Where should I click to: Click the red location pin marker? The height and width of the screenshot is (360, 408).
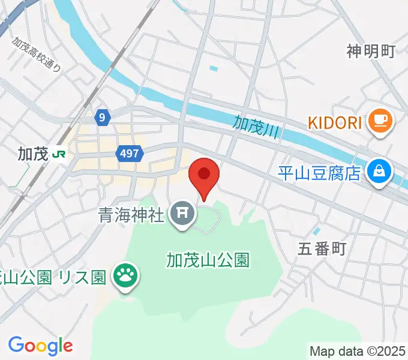click(x=204, y=176)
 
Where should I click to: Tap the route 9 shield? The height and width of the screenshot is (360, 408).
click(x=103, y=118)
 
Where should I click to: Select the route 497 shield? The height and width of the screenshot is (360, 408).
click(x=129, y=154)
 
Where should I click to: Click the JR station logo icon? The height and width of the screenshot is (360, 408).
click(x=59, y=154)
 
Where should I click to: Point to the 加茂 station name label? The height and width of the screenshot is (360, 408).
click(x=32, y=154)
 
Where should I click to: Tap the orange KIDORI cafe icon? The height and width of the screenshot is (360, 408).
click(x=380, y=122)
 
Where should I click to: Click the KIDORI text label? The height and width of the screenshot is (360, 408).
click(x=335, y=122)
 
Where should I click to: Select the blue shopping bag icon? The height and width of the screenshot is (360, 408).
click(x=380, y=173)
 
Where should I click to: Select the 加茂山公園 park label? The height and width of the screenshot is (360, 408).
click(x=208, y=260)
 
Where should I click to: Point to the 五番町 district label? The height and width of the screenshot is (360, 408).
click(x=322, y=249)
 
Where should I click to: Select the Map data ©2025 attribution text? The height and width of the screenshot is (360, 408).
click(x=357, y=351)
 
